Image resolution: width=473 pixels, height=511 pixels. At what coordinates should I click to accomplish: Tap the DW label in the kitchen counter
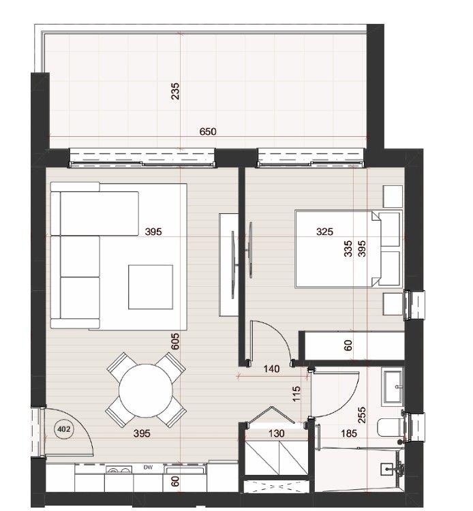147,467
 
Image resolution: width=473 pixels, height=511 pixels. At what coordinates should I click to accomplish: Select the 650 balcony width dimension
207,131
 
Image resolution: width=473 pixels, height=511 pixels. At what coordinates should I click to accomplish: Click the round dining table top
146,390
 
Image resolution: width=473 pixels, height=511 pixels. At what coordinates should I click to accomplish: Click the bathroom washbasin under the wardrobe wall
393,385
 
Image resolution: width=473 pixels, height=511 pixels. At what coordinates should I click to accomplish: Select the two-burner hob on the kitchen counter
119,470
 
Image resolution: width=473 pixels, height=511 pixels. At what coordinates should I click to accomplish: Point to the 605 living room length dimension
175,341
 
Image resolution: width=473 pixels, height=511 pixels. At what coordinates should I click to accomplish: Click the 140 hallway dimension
271,369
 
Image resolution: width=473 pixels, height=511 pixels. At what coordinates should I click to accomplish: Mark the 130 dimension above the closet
276,432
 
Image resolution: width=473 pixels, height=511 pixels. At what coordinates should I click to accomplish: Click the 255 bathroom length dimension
361,415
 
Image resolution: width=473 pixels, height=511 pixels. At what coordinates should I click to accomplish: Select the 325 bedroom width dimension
325,232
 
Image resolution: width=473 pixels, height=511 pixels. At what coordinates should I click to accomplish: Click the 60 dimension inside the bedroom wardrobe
348,345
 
